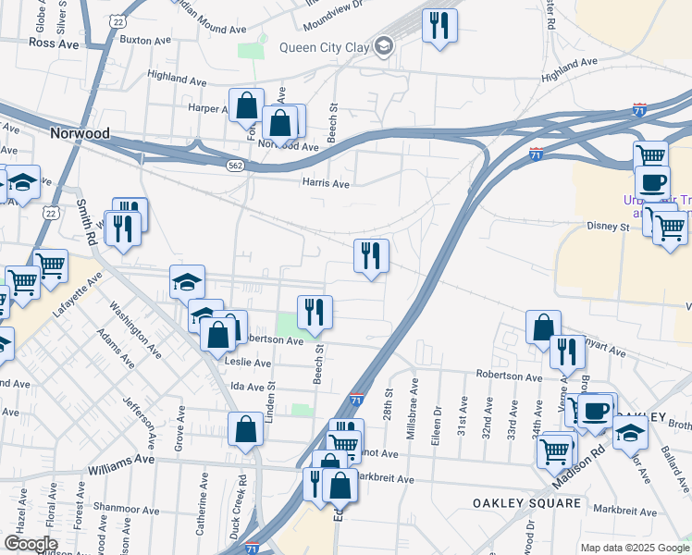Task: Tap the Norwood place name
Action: (x=80, y=133)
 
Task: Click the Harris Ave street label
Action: (x=326, y=183)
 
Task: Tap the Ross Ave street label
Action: (x=54, y=43)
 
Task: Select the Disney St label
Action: (x=608, y=226)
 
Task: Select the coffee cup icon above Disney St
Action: (x=652, y=180)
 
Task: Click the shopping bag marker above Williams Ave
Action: (x=245, y=428)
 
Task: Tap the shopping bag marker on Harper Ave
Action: (x=247, y=105)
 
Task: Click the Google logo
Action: (x=31, y=544)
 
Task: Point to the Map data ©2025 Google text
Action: (x=634, y=548)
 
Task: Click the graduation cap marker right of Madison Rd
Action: (x=629, y=432)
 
